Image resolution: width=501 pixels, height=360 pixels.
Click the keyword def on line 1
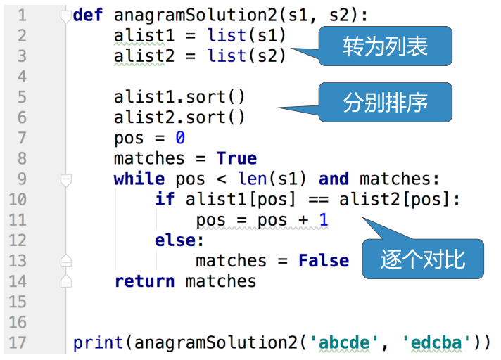[88, 15]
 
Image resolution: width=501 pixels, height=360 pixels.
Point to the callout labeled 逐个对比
[423, 259]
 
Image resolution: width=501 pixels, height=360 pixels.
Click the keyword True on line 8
[236, 158]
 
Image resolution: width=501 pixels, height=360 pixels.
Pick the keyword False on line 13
[324, 261]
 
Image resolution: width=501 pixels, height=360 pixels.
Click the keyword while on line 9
[139, 179]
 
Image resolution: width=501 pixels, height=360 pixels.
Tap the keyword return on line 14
[144, 281]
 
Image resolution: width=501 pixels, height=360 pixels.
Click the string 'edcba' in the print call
[437, 343]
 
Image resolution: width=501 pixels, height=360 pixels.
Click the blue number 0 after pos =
[180, 138]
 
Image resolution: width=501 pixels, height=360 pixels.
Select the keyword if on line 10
[165, 199]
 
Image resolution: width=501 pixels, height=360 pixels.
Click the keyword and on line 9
[334, 179]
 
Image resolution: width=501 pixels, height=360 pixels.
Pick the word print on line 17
[99, 343]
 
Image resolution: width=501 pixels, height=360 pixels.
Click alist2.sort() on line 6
[179, 117]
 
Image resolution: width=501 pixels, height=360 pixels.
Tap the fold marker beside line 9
[66, 179]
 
